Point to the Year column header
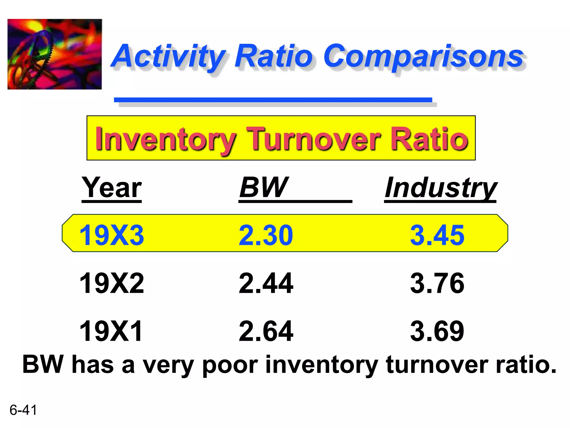coord(112,188)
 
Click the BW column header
coord(263,188)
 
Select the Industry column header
coord(441,188)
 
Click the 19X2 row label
coord(112,283)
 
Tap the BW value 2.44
coord(266,283)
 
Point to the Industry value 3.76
coord(437,283)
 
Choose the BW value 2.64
coord(266,331)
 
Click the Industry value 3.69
coord(437,331)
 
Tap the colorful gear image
coord(55,54)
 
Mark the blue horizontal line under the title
coord(273,100)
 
